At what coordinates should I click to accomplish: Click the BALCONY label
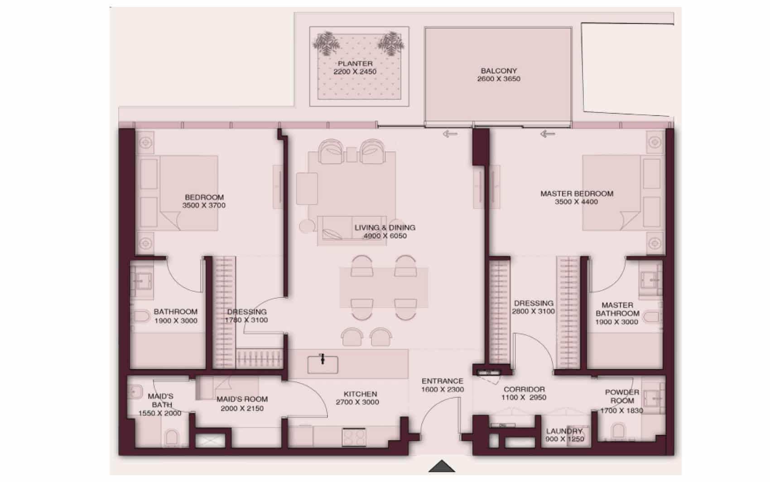point(498,71)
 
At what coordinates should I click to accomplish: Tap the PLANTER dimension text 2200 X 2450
point(355,72)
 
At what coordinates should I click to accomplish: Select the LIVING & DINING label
point(385,228)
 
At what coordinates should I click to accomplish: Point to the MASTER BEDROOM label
point(577,194)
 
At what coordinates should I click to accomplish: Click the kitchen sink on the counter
point(322,365)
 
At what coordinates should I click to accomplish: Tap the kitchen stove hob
point(354,437)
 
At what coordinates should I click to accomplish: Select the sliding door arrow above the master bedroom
point(547,133)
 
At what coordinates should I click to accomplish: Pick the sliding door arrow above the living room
point(450,133)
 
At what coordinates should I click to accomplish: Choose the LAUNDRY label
point(564,431)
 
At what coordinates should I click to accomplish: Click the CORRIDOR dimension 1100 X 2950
point(524,398)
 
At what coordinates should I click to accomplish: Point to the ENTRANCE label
point(443,381)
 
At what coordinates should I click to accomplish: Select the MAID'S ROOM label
point(242,399)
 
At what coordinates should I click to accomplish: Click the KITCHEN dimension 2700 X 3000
point(357,402)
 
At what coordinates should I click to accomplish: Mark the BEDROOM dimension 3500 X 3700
point(204,206)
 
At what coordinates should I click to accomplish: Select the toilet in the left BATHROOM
point(141,316)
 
